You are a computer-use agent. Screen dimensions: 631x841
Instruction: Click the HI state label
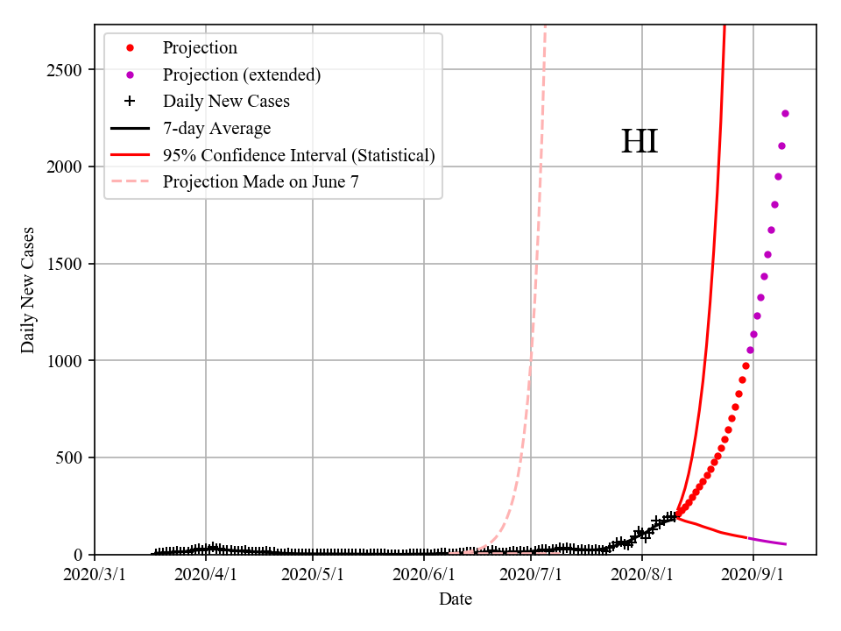640,142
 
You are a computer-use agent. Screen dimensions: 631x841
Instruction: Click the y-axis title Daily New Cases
28,290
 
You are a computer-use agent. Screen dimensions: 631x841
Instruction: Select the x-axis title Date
456,599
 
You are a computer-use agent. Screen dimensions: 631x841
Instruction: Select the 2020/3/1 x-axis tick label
95,575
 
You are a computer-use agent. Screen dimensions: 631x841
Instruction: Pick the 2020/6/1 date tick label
424,575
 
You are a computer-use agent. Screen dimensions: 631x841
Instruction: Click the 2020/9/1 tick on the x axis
753,575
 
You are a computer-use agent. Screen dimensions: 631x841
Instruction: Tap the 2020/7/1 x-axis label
531,575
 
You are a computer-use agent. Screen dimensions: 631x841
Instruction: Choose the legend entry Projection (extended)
242,75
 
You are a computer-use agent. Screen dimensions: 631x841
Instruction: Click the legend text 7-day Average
216,129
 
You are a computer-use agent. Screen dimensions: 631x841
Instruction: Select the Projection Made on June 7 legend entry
260,182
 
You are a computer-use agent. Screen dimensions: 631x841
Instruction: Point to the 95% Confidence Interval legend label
299,155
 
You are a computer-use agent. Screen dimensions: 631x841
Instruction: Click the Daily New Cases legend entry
226,102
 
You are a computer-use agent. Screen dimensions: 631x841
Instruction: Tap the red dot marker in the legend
130,48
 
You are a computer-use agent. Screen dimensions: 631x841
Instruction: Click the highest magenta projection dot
785,113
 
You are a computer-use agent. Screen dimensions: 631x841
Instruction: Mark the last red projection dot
746,365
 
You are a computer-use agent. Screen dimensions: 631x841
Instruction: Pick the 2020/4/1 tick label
206,575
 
